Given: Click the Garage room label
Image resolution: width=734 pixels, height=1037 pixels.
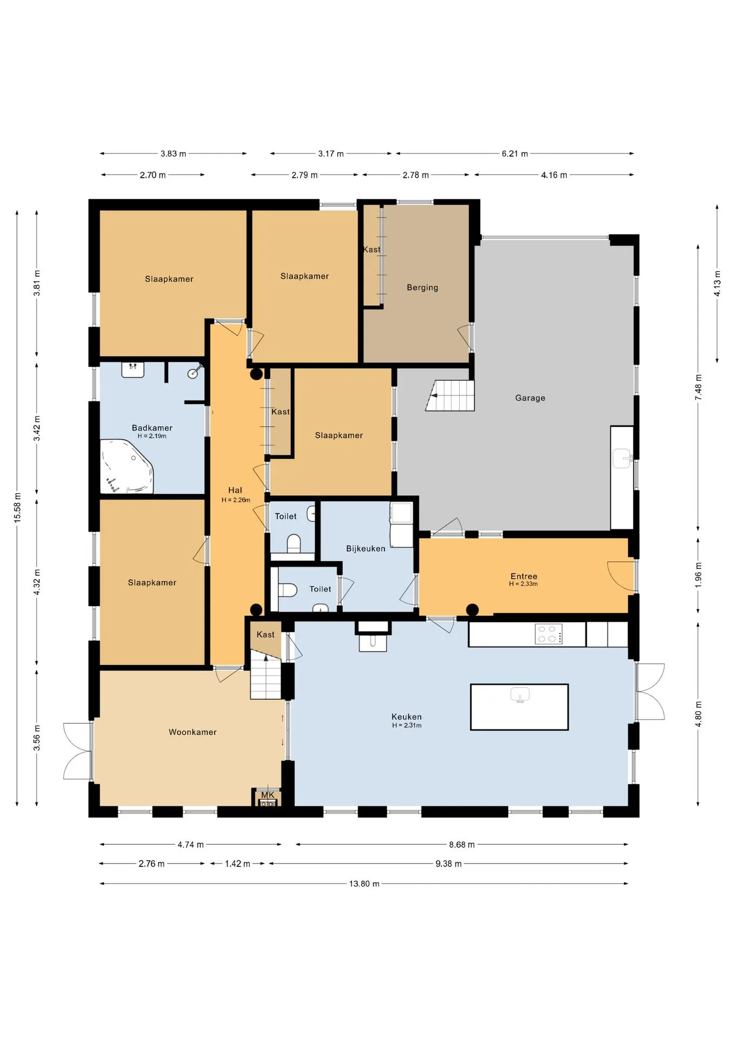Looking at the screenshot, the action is pos(530,398).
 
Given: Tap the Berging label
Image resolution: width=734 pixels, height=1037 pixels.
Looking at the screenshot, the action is pos(422,288).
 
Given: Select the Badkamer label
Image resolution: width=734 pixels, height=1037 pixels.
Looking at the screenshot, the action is pos(152,428).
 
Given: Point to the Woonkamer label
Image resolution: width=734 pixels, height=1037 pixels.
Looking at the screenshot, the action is pos(192,732).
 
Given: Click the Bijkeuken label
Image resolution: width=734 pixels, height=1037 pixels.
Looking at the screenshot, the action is pos(365,549).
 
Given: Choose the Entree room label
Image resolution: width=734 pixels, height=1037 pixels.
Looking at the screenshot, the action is pos(524,576).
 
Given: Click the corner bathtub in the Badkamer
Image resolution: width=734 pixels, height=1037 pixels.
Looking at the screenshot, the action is pos(127,467).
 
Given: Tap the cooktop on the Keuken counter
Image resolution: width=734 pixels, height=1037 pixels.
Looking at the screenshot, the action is pos(549,634).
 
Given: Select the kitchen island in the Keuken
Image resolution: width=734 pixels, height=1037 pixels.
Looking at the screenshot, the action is pos(519,707).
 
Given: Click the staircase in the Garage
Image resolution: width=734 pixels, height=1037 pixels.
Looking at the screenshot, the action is pos(450,395).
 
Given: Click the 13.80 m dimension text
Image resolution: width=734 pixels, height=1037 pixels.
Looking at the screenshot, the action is pos(364,884).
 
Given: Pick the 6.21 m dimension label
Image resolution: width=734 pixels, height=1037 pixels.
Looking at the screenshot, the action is pos(515,154).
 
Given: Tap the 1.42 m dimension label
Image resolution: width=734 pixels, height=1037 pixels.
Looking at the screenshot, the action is pos(237,864).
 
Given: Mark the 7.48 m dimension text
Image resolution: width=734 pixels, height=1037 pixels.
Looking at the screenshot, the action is pos(698,387).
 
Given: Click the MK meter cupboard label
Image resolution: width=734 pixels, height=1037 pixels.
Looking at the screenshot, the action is pos(268,795).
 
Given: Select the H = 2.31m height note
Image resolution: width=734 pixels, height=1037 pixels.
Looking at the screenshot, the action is pos(406,725).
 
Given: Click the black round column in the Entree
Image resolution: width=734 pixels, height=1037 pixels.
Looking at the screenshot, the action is pos(472,610).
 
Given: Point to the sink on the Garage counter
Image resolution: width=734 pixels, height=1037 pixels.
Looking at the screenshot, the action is pos(623,459).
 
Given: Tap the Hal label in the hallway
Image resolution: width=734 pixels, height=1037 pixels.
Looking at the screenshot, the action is pos(235,490).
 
